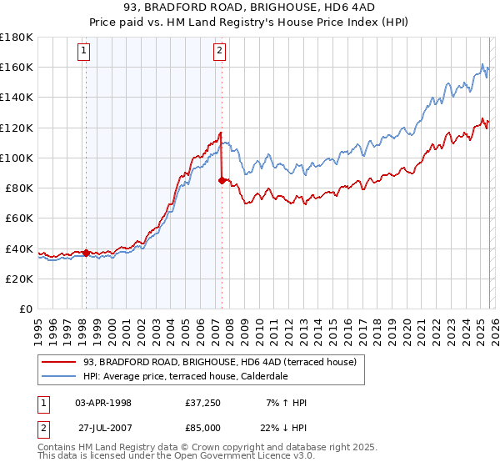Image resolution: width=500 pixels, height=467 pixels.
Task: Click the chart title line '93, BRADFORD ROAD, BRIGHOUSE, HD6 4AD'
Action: coord(250,8)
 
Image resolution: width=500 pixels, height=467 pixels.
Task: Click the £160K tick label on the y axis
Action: coord(17,67)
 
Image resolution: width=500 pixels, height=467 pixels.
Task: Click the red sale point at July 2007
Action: coord(222,179)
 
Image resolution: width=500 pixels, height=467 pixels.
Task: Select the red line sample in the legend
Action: coord(59,362)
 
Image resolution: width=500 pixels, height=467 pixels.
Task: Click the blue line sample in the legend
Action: coord(59,376)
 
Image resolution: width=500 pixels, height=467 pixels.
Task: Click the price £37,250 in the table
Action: coord(203,403)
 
